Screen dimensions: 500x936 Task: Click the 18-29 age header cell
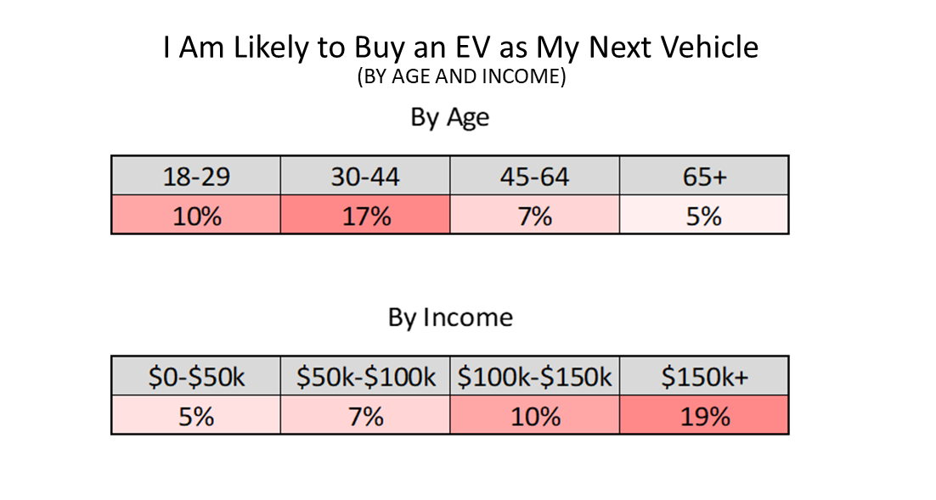pyautogui.click(x=195, y=177)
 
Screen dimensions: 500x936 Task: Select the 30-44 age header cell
pyautogui.click(x=365, y=177)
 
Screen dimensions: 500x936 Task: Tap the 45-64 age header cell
pyautogui.click(x=534, y=177)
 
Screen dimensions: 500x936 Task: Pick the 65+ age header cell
pyautogui.click(x=704, y=177)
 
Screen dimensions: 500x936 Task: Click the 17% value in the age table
pyautogui.click(x=365, y=216)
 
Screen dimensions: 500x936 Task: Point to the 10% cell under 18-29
pyautogui.click(x=195, y=216)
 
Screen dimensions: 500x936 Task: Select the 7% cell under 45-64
pyautogui.click(x=534, y=216)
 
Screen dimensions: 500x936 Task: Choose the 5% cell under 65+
pyautogui.click(x=704, y=216)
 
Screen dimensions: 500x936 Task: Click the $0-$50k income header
pyautogui.click(x=195, y=377)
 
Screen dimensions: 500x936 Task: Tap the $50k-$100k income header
pyautogui.click(x=365, y=377)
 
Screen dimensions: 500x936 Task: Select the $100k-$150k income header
pyautogui.click(x=534, y=377)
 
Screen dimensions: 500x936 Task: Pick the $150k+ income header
pyautogui.click(x=704, y=377)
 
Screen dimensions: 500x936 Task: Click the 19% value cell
pyautogui.click(x=704, y=416)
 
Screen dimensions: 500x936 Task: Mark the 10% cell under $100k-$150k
pyautogui.click(x=534, y=416)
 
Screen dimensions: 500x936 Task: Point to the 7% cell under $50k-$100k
pyautogui.click(x=365, y=416)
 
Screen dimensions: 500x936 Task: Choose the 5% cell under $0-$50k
pyautogui.click(x=195, y=416)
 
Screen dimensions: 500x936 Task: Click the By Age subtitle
pyautogui.click(x=449, y=118)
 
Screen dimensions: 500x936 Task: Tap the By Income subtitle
pyautogui.click(x=450, y=317)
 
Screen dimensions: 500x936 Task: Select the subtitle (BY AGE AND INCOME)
pyautogui.click(x=460, y=77)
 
